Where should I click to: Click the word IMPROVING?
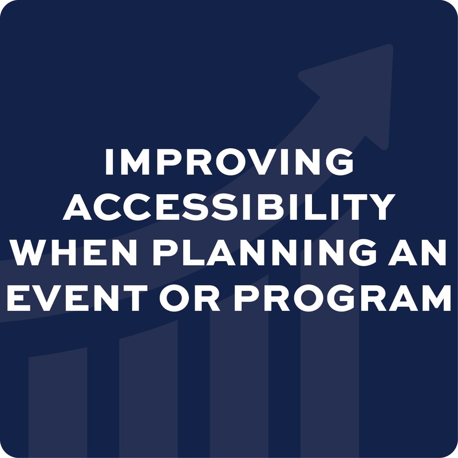[x=229, y=162]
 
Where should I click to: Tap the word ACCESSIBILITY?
[x=229, y=207]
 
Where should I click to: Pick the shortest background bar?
[x=58, y=402]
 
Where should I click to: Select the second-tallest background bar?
[x=239, y=365]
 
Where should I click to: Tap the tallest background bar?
[x=330, y=339]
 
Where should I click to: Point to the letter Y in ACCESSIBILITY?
[x=381, y=207]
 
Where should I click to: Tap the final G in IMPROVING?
[x=340, y=162]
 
